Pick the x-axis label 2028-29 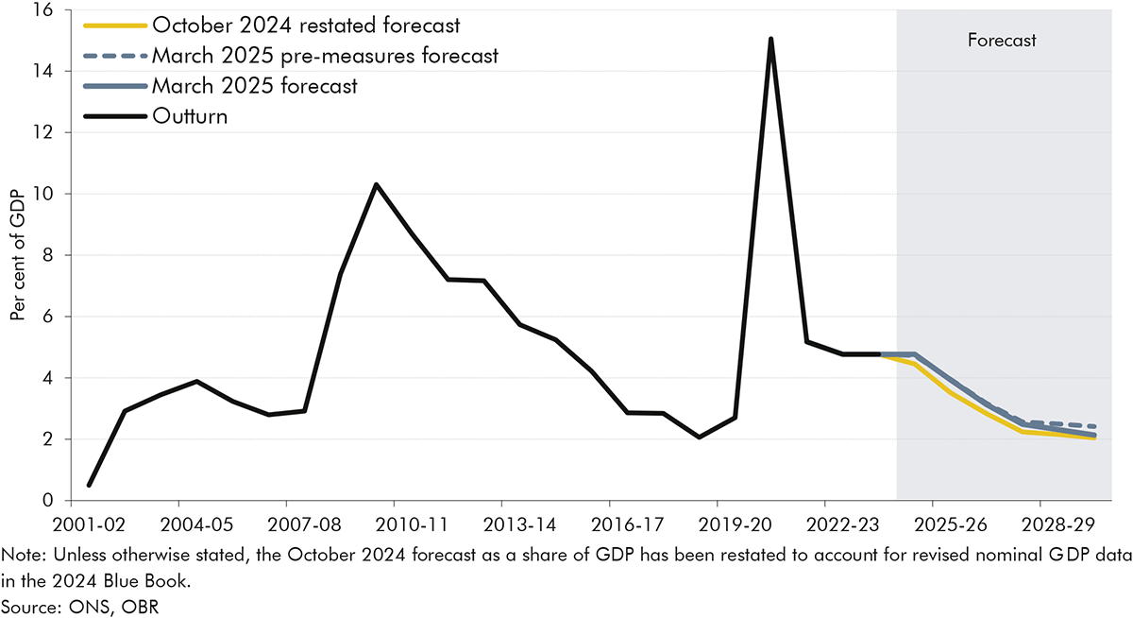1040,523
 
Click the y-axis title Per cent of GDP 18,255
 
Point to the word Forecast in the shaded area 1002,41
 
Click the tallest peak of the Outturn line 771,39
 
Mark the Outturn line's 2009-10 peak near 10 376,184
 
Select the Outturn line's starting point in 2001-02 89,485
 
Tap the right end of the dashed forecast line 1095,426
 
